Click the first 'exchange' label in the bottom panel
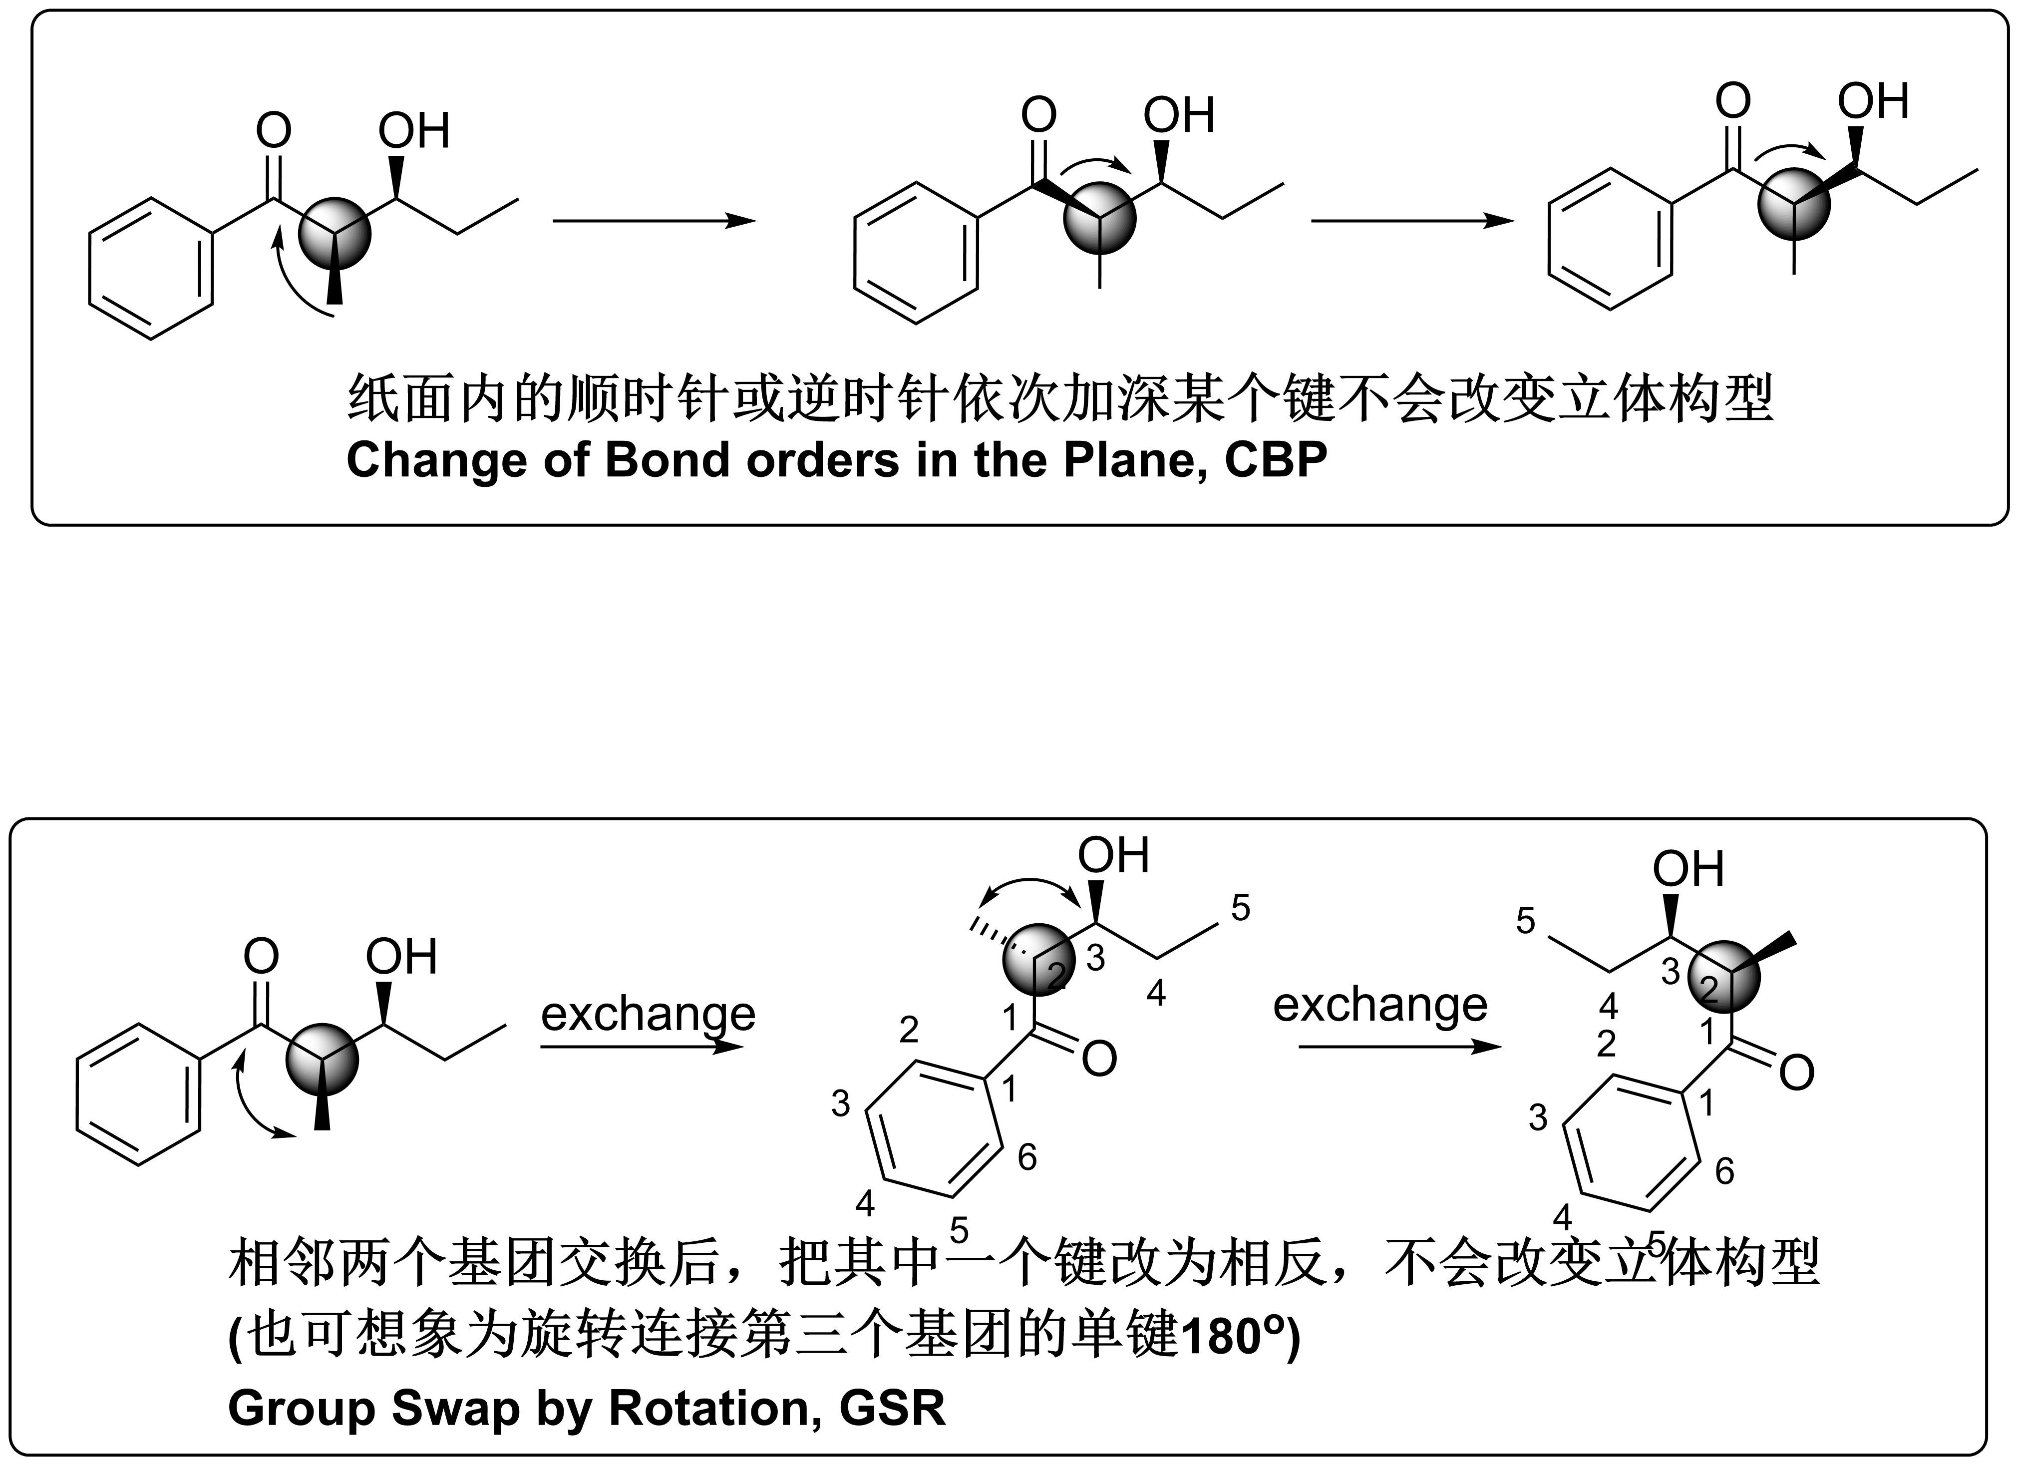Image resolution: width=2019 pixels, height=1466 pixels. click(648, 1013)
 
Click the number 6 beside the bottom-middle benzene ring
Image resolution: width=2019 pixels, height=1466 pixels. click(1027, 1157)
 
